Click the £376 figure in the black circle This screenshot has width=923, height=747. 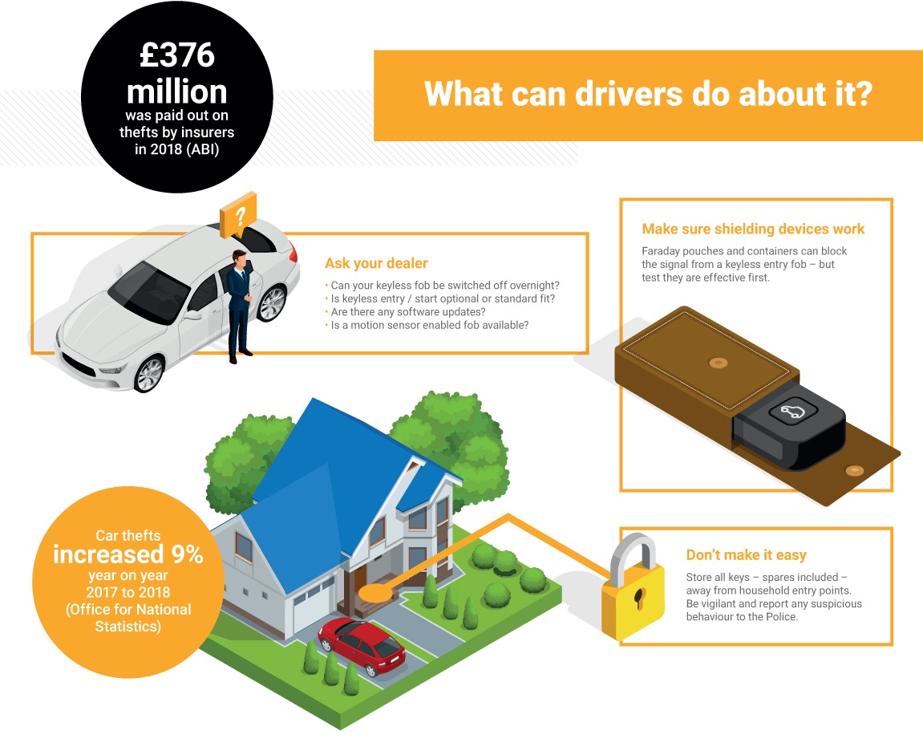click(x=177, y=55)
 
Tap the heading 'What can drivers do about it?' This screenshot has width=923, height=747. click(x=647, y=94)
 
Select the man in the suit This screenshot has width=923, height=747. click(x=239, y=305)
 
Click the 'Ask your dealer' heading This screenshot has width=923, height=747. click(x=376, y=263)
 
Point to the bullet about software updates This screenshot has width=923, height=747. click(x=406, y=311)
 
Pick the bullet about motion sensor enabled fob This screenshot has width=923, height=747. click(x=427, y=325)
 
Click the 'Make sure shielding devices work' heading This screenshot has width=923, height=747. click(x=753, y=229)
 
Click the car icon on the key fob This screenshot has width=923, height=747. click(x=793, y=411)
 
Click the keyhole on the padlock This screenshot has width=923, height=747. click(x=639, y=598)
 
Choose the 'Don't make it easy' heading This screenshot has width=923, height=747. click(x=746, y=555)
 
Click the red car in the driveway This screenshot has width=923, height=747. click(x=362, y=646)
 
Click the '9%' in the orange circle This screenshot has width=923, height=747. click(x=187, y=554)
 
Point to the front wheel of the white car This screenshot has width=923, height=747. click(x=149, y=374)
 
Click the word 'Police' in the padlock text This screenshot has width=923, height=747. click(x=780, y=617)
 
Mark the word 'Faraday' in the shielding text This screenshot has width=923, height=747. click(x=661, y=251)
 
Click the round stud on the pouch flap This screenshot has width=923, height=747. click(x=854, y=470)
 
